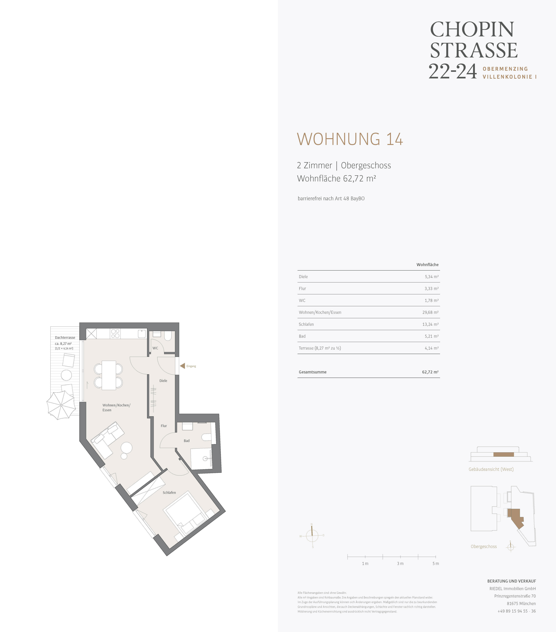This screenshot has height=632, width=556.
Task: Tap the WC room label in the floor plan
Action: [155, 348]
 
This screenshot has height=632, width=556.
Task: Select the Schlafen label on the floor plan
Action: [169, 493]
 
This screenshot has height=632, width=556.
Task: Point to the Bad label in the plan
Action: [187, 441]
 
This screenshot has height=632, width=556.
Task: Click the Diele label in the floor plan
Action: [163, 381]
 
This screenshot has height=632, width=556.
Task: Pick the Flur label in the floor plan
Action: [164, 426]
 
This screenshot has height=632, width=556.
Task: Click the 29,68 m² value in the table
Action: [430, 312]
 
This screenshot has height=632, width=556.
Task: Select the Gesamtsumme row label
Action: [313, 372]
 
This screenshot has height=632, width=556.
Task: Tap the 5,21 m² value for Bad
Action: [431, 336]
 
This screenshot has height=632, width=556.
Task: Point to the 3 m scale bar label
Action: [400, 563]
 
